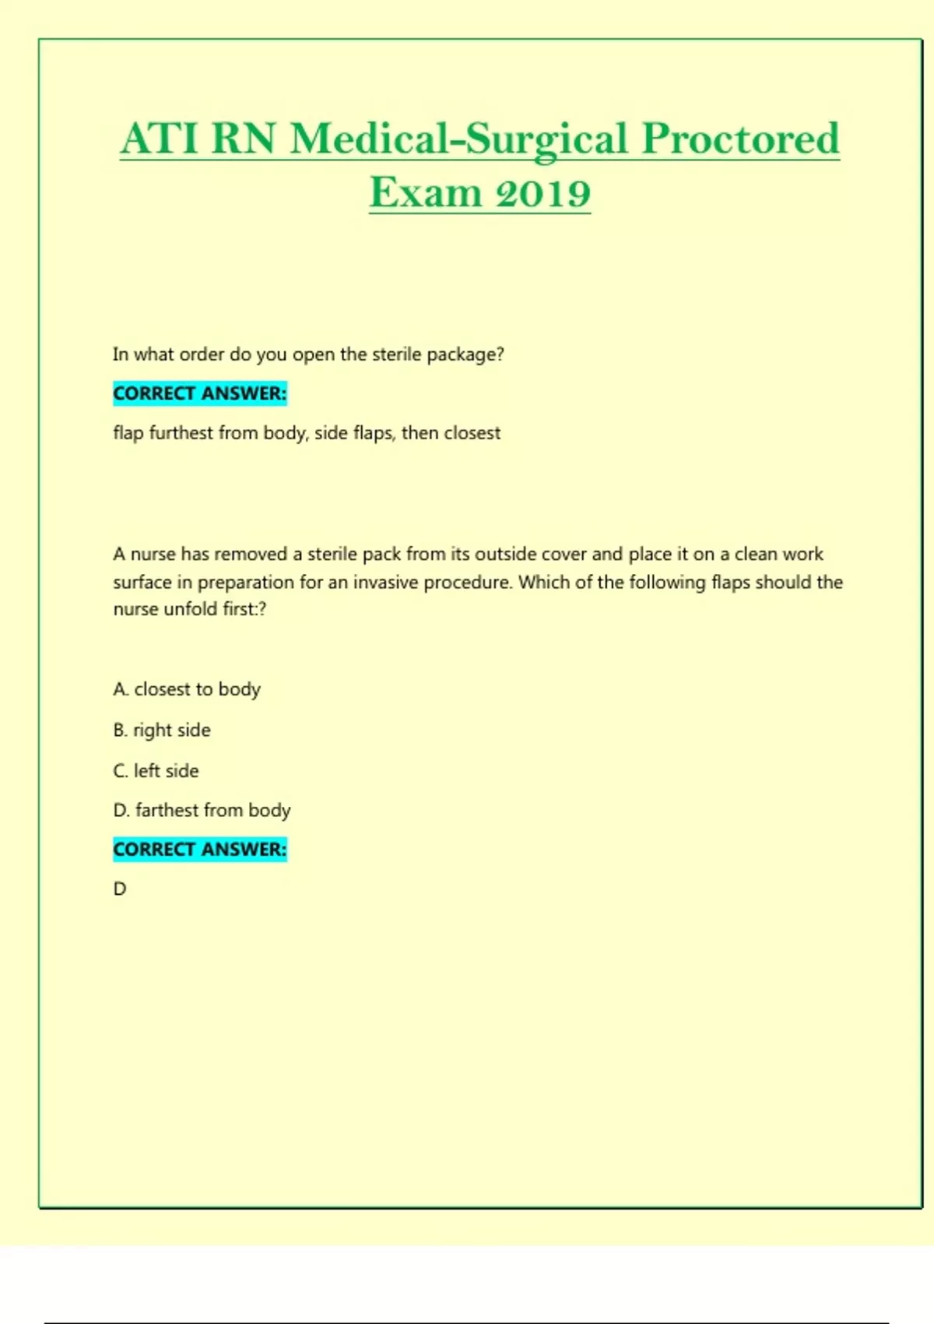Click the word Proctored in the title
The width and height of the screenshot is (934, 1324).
click(x=740, y=139)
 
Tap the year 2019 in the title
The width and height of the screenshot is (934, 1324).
click(x=543, y=193)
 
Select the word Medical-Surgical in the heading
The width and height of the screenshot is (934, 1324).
click(x=458, y=141)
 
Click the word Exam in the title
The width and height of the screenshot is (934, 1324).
click(x=425, y=193)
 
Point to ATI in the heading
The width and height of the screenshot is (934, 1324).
click(x=160, y=139)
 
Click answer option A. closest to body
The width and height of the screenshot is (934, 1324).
click(x=187, y=689)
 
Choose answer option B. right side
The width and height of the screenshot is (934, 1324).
click(x=162, y=730)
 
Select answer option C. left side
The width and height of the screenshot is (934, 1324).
click(x=156, y=770)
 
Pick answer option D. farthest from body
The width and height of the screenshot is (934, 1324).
click(x=202, y=810)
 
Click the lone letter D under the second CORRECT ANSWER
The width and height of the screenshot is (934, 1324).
click(x=120, y=889)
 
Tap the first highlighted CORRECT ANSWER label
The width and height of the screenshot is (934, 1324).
click(x=200, y=393)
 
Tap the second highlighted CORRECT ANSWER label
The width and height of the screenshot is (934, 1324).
click(x=200, y=849)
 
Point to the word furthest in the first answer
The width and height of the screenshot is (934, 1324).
click(x=181, y=433)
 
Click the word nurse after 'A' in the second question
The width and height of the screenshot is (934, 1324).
click(x=153, y=554)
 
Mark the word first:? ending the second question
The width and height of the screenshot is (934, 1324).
click(x=244, y=609)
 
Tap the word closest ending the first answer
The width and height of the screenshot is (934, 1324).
click(x=472, y=433)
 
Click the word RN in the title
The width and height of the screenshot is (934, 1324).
click(x=244, y=139)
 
